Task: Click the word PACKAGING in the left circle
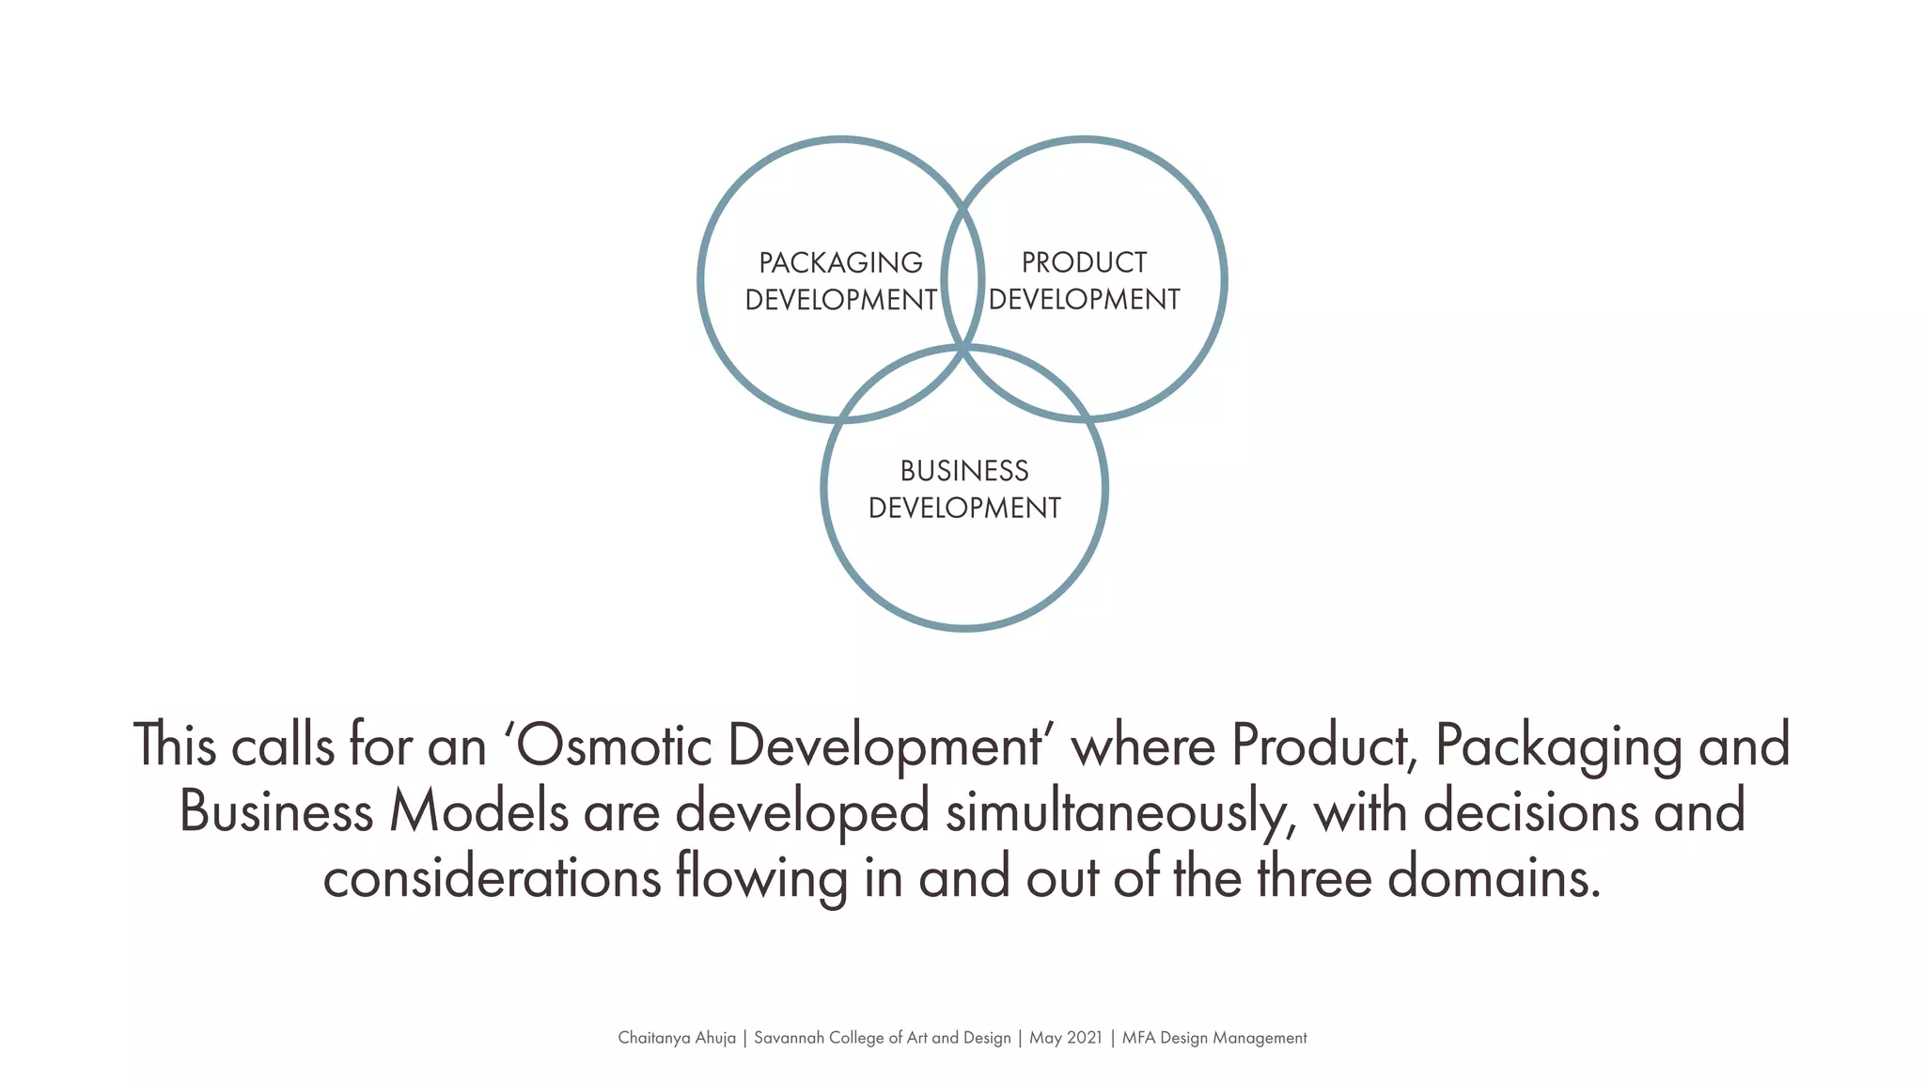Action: [840, 262]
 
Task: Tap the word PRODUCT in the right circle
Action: [1084, 262]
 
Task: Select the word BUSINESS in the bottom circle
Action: [964, 471]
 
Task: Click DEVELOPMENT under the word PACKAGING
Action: [840, 300]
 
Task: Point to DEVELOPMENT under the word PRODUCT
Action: [1084, 300]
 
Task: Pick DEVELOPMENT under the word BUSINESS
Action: [964, 509]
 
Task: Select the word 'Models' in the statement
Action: [478, 811]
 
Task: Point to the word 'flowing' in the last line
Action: [761, 878]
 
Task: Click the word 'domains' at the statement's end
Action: [1494, 878]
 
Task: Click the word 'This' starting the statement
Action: [175, 746]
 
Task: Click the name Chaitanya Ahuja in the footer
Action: [677, 1038]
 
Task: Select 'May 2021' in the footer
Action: [1066, 1038]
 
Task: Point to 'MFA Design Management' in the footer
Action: [1214, 1038]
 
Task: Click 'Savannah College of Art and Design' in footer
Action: [882, 1038]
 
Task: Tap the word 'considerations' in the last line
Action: [492, 878]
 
